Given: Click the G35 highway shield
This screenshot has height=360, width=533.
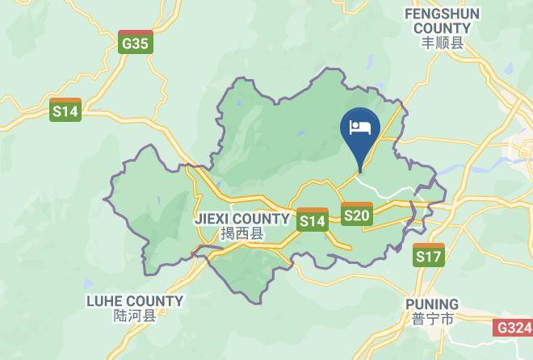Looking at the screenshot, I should [135, 43].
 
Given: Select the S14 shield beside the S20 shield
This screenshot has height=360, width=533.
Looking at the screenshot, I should [312, 220].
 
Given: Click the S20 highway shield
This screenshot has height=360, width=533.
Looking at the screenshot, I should [356, 214].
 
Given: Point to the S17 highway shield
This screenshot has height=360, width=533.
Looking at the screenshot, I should [429, 256].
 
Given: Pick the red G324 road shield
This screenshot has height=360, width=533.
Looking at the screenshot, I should [513, 328].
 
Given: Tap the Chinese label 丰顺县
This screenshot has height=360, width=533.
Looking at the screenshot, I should [443, 44].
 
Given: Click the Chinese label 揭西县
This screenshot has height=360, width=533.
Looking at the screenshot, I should [241, 234].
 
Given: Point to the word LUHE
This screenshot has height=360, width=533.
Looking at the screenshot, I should [104, 301].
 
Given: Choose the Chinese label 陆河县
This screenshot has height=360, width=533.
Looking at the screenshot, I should [135, 316].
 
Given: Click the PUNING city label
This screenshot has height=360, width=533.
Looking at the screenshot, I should [431, 304].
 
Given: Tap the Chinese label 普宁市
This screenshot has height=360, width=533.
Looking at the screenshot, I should [431, 320].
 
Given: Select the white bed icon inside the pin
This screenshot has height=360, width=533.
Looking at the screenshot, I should [360, 127].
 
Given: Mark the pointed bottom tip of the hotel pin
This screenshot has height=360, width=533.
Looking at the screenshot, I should [360, 171].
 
